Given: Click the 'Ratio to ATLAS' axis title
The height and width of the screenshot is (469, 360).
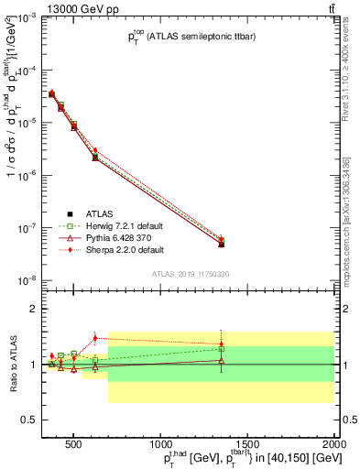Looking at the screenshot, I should pos(12,365).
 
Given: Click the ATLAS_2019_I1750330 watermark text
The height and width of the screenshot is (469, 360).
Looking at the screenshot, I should pos(191,273).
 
